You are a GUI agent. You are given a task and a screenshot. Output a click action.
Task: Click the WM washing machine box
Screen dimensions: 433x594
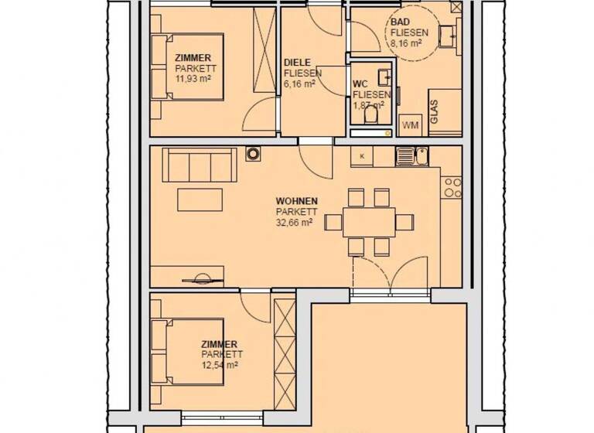(409, 124)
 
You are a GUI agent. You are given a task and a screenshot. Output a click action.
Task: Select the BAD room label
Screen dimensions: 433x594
(401, 23)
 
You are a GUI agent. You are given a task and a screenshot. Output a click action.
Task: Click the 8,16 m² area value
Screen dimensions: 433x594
(406, 44)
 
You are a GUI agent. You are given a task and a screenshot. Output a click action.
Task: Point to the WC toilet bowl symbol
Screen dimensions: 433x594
(371, 115)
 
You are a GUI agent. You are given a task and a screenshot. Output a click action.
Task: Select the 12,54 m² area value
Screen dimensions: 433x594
(220, 364)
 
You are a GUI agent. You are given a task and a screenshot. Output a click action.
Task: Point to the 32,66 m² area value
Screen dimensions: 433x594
(294, 221)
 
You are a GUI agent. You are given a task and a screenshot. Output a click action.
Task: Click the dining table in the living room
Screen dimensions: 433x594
(368, 222)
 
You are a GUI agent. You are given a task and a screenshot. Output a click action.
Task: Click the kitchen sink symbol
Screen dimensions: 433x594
(411, 156)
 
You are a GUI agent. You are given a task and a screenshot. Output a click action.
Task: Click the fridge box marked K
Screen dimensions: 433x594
(362, 156)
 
